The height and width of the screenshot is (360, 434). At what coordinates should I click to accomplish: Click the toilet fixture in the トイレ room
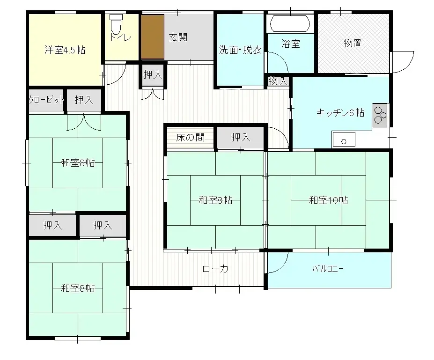[116, 22]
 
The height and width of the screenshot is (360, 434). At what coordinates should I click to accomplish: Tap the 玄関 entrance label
[178, 37]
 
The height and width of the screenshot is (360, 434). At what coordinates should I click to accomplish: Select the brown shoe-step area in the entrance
[152, 37]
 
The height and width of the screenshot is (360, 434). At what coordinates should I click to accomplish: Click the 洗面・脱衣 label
[240, 50]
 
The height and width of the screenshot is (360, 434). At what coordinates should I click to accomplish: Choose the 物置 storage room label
[353, 44]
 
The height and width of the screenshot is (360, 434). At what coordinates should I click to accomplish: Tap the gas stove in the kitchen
[380, 115]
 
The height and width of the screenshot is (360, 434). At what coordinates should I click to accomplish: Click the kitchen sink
[344, 140]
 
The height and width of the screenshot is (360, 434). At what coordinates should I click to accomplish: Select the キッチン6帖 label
[340, 112]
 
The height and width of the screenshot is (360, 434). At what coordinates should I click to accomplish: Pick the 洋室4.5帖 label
[65, 50]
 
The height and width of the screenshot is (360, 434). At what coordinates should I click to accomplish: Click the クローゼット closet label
[46, 100]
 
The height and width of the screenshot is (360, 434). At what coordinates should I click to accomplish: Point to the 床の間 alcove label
[190, 138]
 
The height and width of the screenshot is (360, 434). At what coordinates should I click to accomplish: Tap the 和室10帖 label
[328, 200]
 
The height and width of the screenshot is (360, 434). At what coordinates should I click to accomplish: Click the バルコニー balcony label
[328, 269]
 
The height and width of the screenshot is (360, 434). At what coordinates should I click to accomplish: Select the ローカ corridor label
[215, 269]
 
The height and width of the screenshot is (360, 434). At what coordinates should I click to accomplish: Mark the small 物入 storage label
[279, 81]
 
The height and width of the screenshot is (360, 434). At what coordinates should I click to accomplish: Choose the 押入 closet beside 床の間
[241, 138]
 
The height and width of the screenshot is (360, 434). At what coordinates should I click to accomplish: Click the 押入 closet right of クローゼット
[83, 100]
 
